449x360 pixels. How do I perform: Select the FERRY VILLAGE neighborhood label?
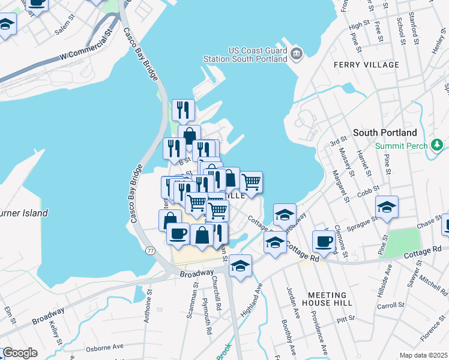tap(369, 65)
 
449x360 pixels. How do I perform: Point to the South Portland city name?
tap(385, 133)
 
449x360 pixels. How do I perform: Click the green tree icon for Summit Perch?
tap(438, 145)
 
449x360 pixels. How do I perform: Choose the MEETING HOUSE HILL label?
tap(327, 299)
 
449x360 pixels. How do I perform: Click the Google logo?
tap(20, 353)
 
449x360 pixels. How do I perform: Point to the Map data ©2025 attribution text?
tap(423, 355)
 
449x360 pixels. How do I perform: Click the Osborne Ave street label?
tap(104, 346)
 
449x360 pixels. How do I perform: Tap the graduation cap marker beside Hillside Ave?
tap(387, 208)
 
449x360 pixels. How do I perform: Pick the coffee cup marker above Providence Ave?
tap(324, 241)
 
